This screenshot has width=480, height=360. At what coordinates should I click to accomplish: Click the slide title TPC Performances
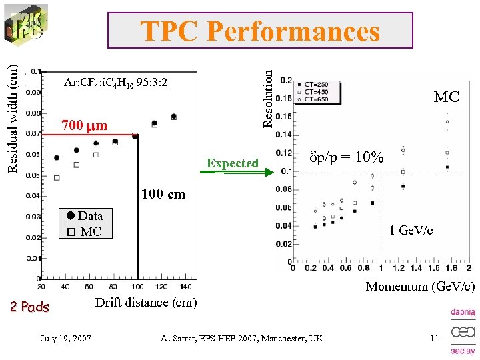pos(260,31)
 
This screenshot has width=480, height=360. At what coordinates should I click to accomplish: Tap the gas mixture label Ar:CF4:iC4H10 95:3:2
pos(115,83)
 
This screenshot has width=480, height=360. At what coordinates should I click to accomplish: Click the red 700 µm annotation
pos(84,125)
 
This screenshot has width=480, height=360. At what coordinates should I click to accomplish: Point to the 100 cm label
pos(163,195)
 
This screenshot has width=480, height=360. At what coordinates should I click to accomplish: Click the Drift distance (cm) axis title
pos(146,303)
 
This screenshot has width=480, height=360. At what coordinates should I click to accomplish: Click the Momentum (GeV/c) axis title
pos(420,287)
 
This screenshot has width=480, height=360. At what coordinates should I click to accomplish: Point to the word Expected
pos(233,163)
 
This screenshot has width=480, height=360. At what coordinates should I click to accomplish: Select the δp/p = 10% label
pos(347,158)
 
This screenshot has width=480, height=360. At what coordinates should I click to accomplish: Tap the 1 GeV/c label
pos(411,231)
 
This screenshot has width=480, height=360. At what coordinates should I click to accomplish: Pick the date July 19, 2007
pos(67,339)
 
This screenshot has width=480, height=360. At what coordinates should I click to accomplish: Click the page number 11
pos(435,339)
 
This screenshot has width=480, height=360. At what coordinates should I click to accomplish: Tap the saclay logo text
pos(463,351)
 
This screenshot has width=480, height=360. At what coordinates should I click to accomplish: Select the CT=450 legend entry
pos(314,92)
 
